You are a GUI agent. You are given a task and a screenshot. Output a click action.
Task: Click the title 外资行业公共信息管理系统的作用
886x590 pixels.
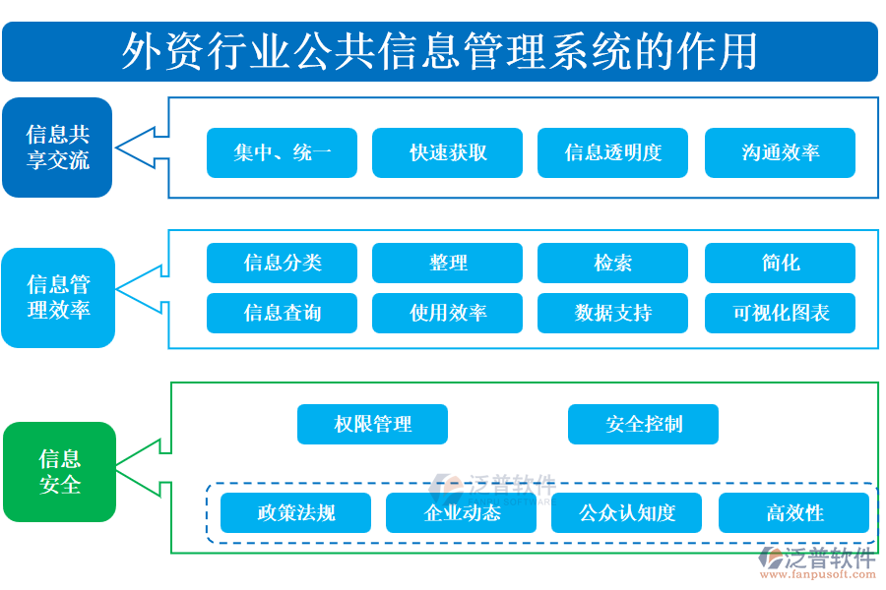coord(440,51)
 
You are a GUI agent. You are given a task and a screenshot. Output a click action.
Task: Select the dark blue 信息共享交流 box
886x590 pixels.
coord(57,147)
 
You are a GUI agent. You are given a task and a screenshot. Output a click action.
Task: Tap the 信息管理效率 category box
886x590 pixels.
coord(58,298)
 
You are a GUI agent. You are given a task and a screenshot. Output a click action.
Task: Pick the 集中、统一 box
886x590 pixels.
coord(282,152)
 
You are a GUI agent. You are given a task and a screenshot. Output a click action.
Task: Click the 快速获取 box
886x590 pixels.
coord(447,152)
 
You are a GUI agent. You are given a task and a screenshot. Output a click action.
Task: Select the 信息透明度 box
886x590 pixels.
coord(612,152)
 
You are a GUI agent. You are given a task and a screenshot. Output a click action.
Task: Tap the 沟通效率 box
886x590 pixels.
coord(780,152)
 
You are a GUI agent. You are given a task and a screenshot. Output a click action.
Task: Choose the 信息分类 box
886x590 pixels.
coord(282,264)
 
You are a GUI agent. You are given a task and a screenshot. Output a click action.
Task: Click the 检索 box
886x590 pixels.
coord(612,264)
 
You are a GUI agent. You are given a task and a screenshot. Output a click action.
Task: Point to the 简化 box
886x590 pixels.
coord(780,264)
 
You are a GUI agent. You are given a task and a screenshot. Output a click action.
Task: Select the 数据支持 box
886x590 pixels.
coord(612,313)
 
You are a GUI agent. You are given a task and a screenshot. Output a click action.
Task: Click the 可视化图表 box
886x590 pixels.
coord(780,313)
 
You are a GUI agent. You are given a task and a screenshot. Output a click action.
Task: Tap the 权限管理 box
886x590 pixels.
coord(372,425)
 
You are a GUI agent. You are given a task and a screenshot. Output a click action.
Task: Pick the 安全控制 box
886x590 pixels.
coord(643,425)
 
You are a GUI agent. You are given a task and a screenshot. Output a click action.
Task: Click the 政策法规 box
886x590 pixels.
coord(295,513)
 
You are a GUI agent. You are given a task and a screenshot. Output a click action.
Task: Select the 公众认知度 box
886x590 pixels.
coord(626,513)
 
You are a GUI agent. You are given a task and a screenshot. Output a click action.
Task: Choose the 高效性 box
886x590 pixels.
coord(793,513)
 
